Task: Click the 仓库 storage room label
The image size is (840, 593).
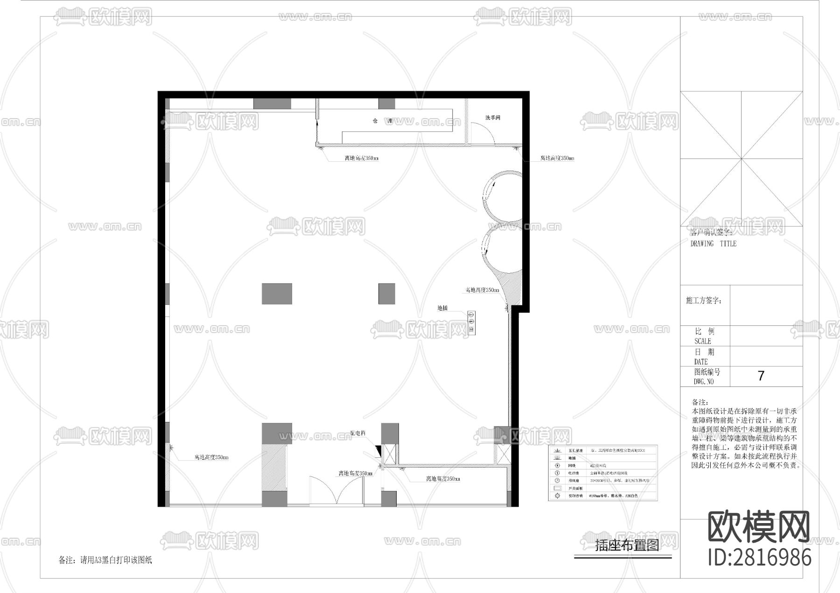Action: click(382, 121)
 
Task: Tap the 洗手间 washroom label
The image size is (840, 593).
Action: click(492, 117)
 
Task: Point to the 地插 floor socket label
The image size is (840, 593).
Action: click(442, 308)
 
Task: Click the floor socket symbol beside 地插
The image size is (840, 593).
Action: click(471, 322)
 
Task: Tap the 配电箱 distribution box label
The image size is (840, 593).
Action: click(357, 433)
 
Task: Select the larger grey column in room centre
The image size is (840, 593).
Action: click(277, 294)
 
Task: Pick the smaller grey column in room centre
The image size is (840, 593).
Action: click(386, 294)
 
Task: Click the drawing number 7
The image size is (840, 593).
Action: click(761, 376)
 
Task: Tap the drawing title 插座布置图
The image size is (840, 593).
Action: click(627, 545)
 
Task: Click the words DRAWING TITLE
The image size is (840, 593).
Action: click(713, 243)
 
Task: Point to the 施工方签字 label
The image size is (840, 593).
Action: click(703, 301)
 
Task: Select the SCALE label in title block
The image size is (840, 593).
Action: click(703, 341)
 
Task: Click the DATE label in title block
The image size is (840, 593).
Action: click(701, 361)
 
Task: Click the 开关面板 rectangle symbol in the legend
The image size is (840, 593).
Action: click(557, 488)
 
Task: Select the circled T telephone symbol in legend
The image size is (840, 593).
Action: click(557, 473)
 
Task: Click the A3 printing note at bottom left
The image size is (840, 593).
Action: click(105, 560)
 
